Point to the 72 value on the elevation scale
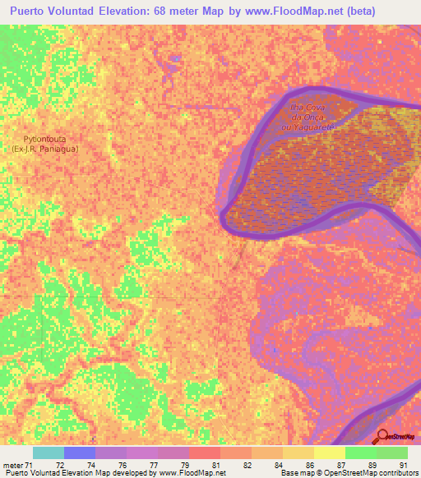pos(80,466)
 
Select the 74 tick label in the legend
pos(111,466)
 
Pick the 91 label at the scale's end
pos(401,466)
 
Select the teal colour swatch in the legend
pos(49,453)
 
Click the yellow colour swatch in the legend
pos(329,453)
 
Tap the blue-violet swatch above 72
pos(80,453)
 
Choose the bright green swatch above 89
pos(360,453)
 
